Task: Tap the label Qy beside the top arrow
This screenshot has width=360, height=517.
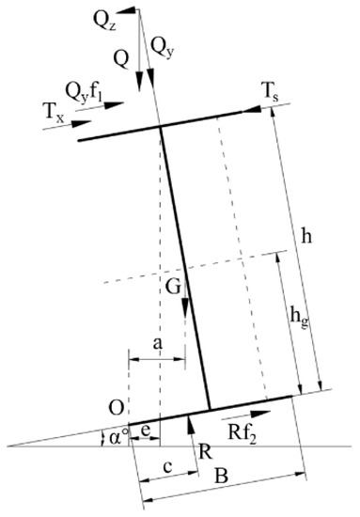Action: point(164,45)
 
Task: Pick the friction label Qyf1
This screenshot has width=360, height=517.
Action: point(85,92)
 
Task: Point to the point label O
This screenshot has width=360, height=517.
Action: point(116,407)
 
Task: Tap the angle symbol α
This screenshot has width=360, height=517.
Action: point(117,438)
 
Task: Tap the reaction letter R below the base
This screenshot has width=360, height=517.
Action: point(201,449)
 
